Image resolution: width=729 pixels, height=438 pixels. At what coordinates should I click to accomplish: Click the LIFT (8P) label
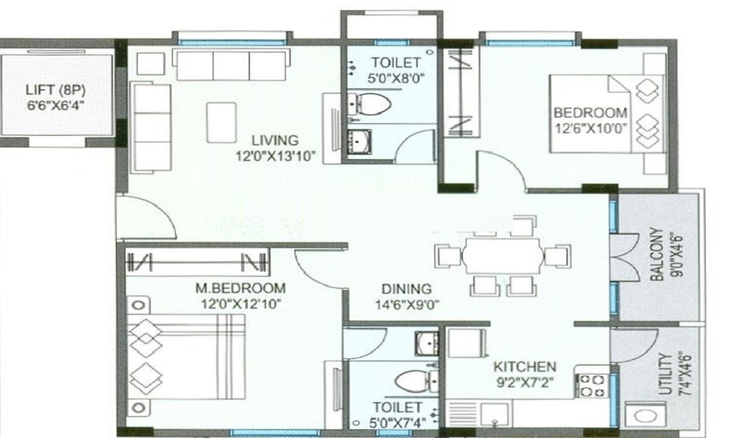(x=55, y=91)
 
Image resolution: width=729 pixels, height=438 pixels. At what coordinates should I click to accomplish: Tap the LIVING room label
(x=276, y=140)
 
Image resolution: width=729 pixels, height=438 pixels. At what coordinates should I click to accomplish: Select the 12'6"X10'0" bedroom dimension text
(x=591, y=128)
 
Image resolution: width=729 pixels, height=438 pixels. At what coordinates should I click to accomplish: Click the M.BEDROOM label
(x=241, y=288)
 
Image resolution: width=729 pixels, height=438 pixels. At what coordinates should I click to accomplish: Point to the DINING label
(x=406, y=289)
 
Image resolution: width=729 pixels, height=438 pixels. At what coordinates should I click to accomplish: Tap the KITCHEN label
(x=524, y=366)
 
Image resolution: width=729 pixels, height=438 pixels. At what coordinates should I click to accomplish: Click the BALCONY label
(x=657, y=254)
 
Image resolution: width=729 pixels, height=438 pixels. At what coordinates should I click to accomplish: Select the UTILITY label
(x=666, y=374)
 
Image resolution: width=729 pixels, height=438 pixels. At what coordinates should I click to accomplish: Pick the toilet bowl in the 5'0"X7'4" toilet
(x=415, y=381)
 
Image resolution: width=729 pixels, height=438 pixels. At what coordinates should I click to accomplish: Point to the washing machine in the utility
(x=645, y=415)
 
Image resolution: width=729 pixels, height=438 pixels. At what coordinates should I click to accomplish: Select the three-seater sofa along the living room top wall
(x=231, y=65)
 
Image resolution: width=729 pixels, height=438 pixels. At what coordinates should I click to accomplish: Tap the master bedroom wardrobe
(x=197, y=262)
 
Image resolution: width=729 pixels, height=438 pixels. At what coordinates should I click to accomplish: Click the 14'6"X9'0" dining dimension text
(x=408, y=305)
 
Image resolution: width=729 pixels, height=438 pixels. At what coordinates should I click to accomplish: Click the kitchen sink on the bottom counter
(x=496, y=414)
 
